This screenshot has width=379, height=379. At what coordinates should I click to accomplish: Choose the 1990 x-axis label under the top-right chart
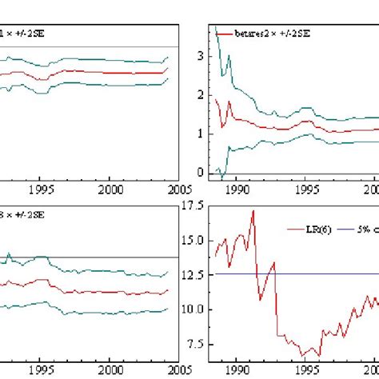click(237, 190)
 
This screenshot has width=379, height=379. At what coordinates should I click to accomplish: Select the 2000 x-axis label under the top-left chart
click(110, 190)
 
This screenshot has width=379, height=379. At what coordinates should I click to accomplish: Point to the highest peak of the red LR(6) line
click(253, 210)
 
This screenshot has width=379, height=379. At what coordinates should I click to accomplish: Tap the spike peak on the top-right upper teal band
click(229, 57)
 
